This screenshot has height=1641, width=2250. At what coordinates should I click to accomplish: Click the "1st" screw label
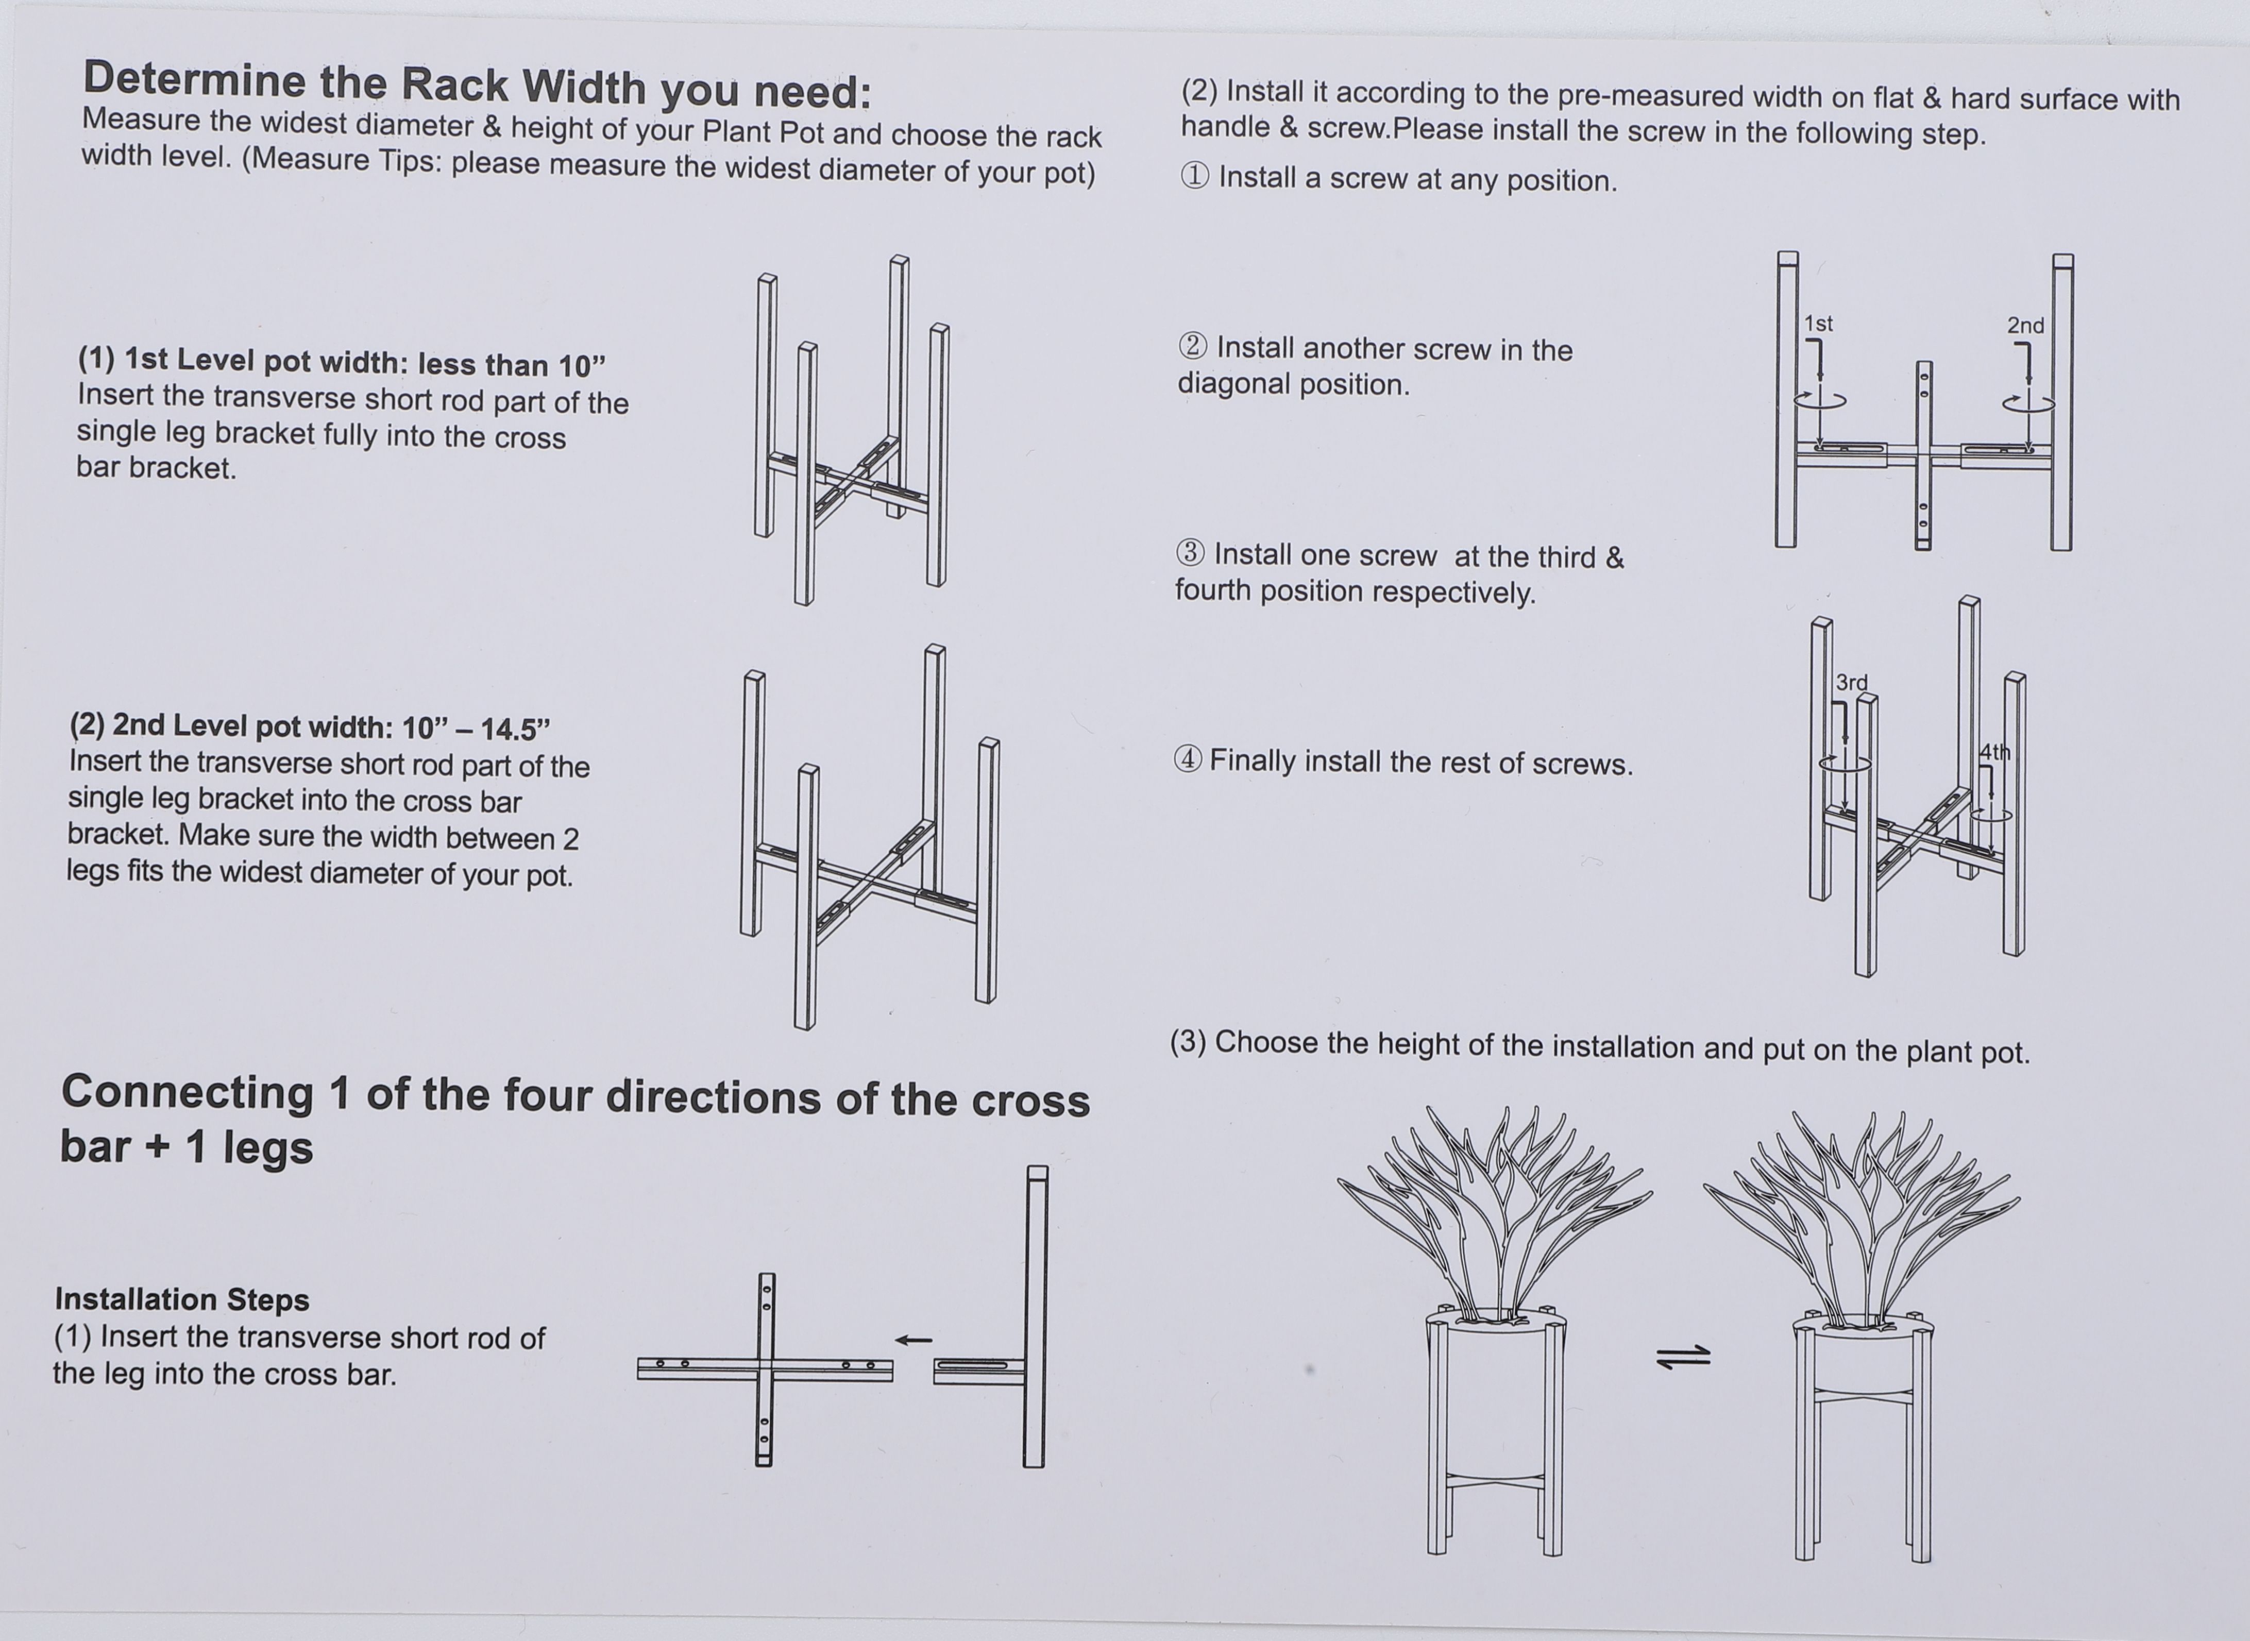(x=1818, y=324)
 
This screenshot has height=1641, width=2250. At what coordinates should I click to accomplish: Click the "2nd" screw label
(x=2025, y=326)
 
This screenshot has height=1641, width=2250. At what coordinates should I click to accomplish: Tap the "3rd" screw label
(x=1851, y=683)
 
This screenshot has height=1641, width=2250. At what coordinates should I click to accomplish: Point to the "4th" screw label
(x=1994, y=752)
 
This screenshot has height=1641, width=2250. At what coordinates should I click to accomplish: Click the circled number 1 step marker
(x=1194, y=177)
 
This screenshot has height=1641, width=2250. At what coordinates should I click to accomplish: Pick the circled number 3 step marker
(x=1190, y=553)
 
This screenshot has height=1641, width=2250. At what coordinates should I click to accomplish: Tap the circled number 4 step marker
(x=1188, y=760)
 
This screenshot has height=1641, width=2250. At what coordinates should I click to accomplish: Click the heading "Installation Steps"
(x=182, y=1299)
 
